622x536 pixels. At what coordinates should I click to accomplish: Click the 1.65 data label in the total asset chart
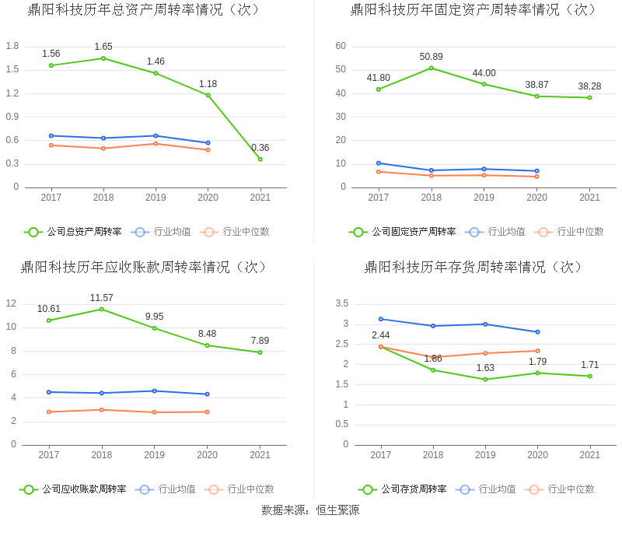[103, 47]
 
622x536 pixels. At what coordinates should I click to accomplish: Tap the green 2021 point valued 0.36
[260, 159]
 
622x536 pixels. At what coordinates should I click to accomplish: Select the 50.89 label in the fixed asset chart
[431, 57]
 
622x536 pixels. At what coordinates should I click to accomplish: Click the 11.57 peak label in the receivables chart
[101, 298]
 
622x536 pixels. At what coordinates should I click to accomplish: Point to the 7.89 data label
[260, 341]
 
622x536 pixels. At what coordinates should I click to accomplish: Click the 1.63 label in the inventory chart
[485, 368]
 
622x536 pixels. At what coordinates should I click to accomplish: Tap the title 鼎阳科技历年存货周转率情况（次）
[473, 267]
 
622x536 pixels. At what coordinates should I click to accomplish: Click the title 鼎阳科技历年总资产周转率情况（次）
[145, 9]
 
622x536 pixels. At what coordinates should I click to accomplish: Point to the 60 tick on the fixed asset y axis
[341, 46]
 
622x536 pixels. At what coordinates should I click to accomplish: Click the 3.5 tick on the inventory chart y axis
[341, 303]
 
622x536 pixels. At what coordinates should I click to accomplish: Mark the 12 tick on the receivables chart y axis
[11, 303]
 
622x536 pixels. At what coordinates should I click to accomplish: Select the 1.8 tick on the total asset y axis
[12, 46]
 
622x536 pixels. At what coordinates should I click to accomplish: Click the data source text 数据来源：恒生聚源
[310, 510]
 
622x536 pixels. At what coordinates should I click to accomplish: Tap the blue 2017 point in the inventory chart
[381, 319]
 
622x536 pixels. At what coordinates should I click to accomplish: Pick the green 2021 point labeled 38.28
[589, 97]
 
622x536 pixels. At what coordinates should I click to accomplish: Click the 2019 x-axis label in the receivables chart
[154, 455]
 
